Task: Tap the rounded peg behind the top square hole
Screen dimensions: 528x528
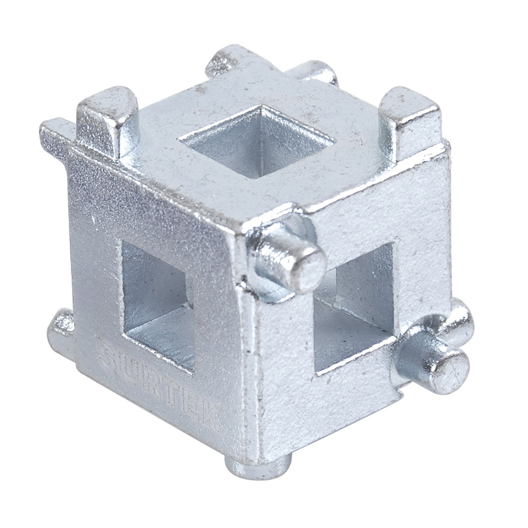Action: click(x=317, y=74)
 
